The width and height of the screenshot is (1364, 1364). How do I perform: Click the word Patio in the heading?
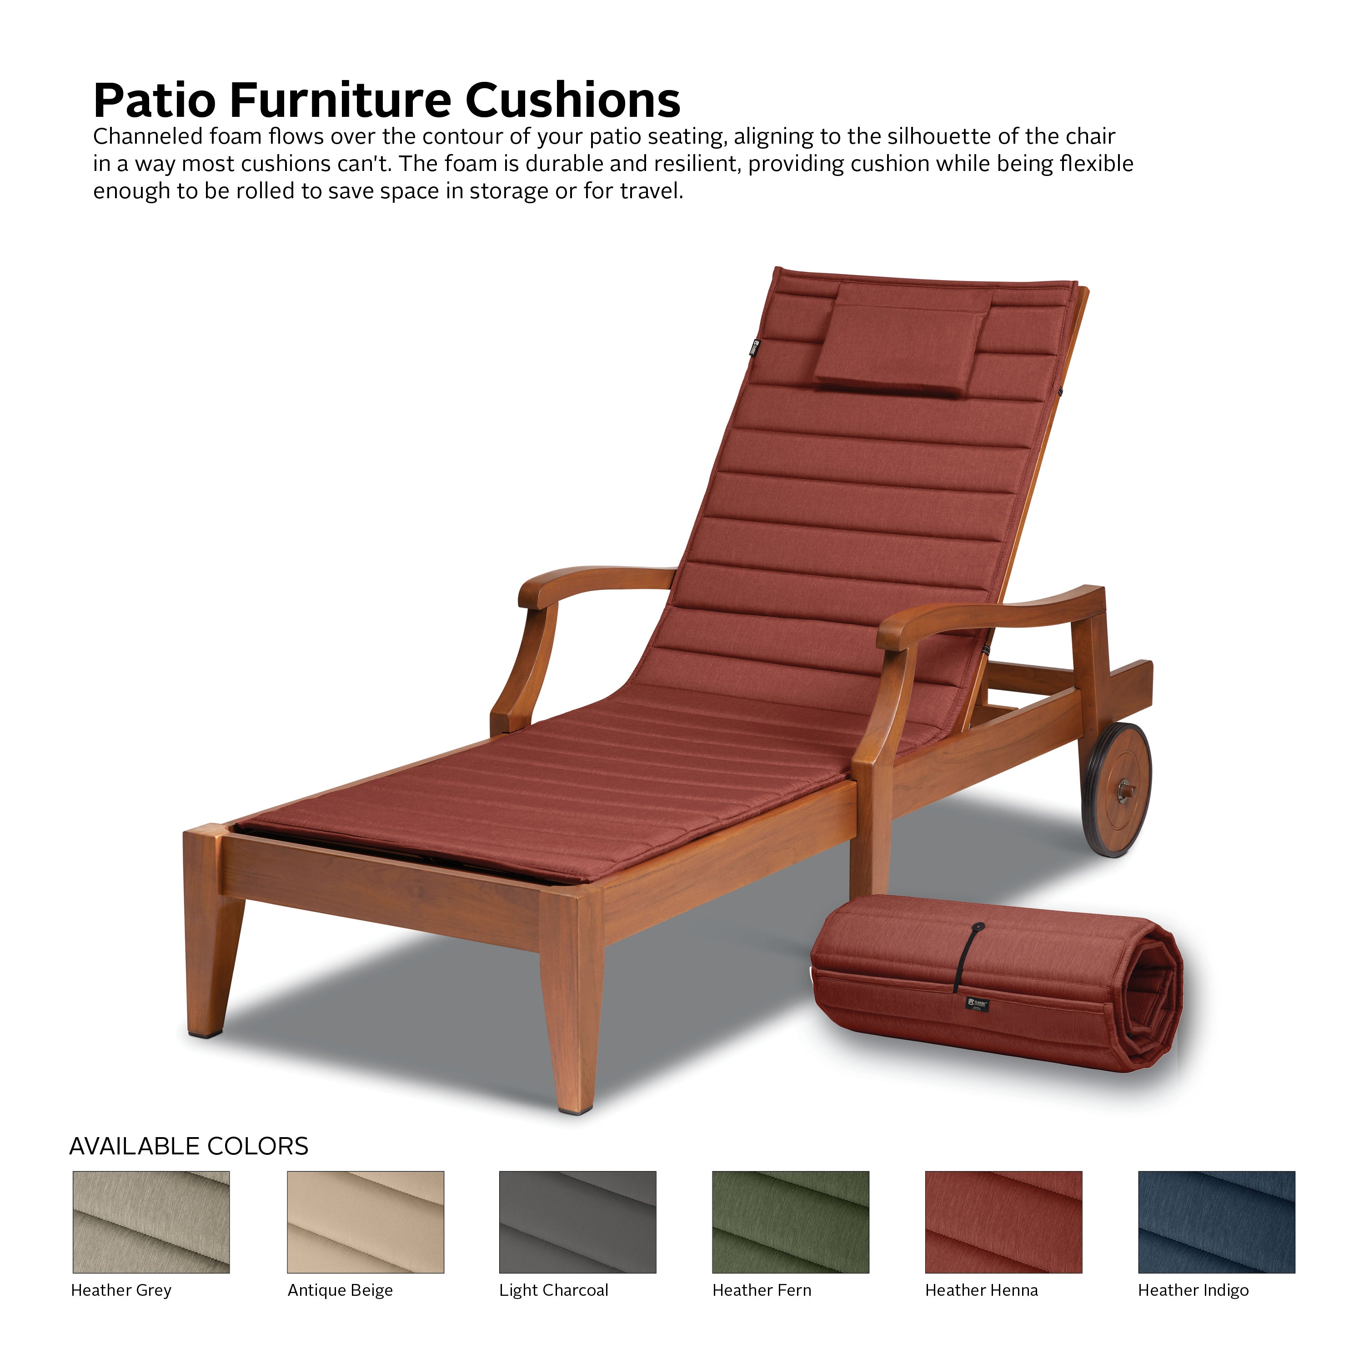pos(155,100)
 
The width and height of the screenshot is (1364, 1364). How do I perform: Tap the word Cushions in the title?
pos(572,100)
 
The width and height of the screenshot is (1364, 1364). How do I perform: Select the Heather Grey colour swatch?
pos(151,1222)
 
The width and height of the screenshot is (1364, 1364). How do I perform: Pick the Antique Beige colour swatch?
pos(366,1222)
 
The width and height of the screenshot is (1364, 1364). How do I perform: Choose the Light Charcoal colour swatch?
pos(577,1222)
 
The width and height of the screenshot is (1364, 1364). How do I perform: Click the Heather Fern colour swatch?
pos(791,1222)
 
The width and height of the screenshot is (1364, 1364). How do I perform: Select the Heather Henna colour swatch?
pos(1003,1222)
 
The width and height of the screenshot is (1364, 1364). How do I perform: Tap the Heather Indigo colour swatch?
pos(1216,1222)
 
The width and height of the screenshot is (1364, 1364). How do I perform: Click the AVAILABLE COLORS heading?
pos(189,1146)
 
